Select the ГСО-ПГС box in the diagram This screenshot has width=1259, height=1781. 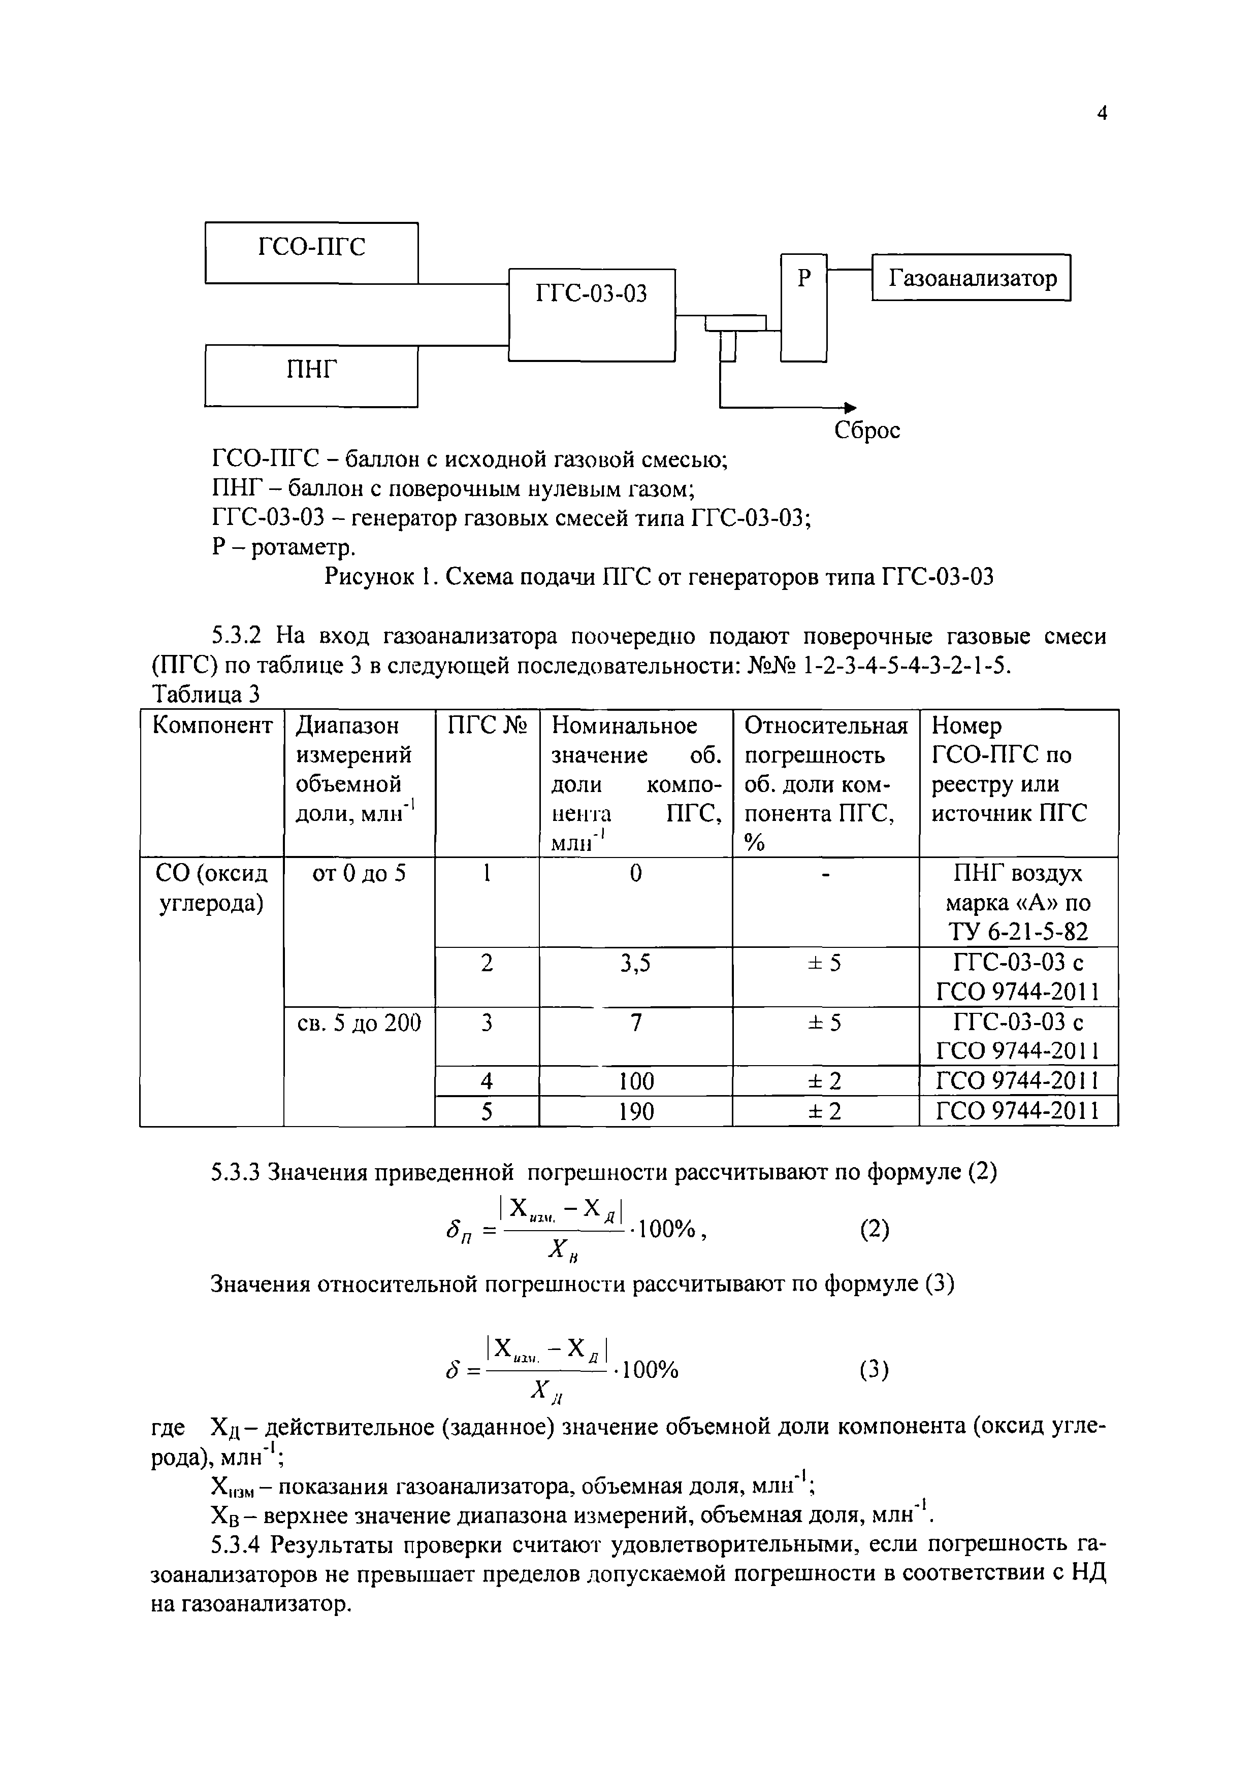pos(311,252)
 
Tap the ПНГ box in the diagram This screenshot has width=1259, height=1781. pos(311,375)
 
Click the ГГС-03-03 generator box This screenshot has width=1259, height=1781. pos(591,314)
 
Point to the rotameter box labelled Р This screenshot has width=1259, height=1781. pos(803,307)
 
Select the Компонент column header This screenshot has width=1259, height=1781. pos(212,726)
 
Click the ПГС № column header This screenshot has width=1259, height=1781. pos(487,726)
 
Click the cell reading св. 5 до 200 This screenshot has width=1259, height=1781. pos(359,1024)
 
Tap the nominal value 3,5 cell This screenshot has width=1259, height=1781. pos(635,964)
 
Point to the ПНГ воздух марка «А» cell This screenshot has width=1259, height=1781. pos(1018,902)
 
